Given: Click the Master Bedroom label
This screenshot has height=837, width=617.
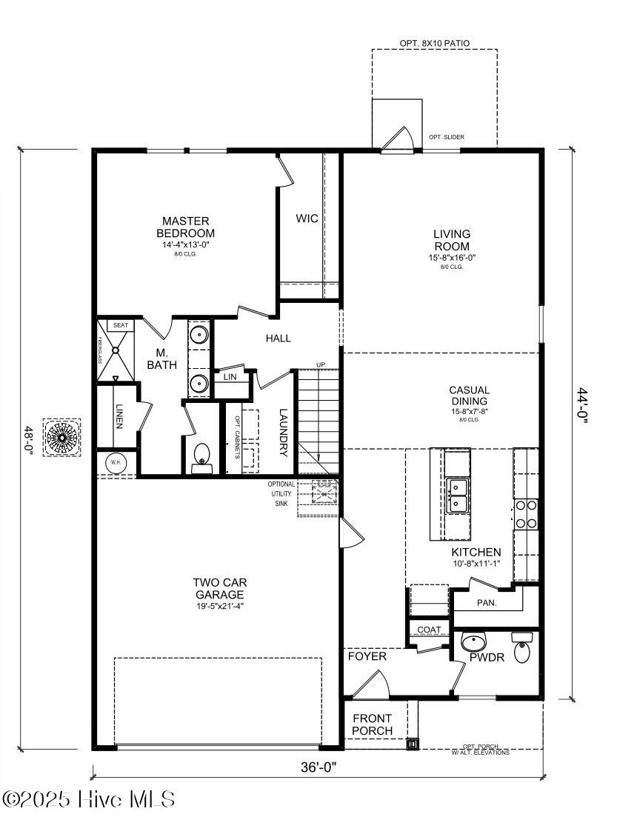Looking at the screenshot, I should (186, 227).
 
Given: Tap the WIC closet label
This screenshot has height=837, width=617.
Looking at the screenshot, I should (307, 219).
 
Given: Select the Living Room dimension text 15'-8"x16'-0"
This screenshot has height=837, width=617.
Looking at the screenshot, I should (452, 258).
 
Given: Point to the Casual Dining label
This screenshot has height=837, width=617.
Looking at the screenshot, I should (469, 396).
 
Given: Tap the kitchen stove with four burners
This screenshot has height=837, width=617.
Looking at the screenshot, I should (526, 514).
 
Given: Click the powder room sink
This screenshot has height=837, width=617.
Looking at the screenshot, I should (473, 641).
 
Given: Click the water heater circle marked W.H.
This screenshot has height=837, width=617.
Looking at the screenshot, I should (116, 462).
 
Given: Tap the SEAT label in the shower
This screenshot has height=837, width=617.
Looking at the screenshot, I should (120, 325).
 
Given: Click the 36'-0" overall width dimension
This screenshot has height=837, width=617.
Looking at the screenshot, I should (319, 767).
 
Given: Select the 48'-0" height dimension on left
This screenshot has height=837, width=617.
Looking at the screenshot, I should (29, 443).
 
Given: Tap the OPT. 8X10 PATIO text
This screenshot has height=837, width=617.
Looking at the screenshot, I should (435, 44).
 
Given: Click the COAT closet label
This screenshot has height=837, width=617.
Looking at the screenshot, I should (429, 630).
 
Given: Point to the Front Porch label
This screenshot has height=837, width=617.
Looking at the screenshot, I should (372, 724).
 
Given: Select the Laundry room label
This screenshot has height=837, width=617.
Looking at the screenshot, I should (283, 432).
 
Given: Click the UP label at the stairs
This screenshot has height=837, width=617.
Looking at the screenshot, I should (320, 364).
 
